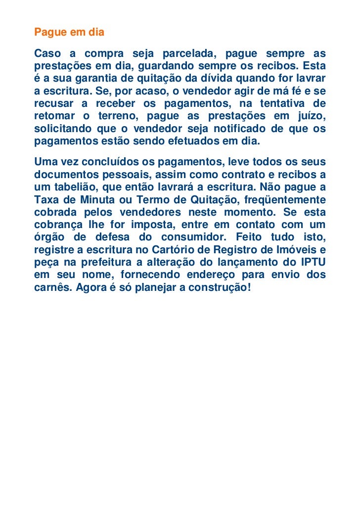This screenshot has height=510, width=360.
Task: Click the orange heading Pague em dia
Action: click(x=69, y=33)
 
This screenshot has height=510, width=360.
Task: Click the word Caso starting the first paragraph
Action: click(x=47, y=53)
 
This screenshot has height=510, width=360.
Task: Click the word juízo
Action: click(x=312, y=117)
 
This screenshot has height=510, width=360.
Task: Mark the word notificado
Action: click(x=241, y=130)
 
